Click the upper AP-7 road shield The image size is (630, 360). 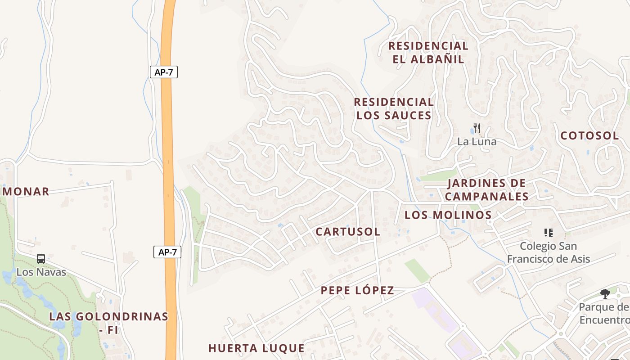[x=164, y=72]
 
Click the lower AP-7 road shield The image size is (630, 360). [x=167, y=252]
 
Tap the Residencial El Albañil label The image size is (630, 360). [x=428, y=53]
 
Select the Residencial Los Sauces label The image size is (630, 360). [x=394, y=109]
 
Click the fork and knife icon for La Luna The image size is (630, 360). [x=477, y=128]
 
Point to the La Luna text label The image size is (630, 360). [x=477, y=142]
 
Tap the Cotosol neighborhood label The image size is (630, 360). [x=589, y=136]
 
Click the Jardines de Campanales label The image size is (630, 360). [x=486, y=190]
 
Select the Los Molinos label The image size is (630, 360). [x=448, y=215]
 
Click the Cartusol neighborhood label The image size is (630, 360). [x=348, y=232]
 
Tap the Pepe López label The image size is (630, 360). [x=357, y=291]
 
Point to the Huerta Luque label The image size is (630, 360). [x=256, y=348]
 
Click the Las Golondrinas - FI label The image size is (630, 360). [x=108, y=323]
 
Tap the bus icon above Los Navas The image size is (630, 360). [x=41, y=259]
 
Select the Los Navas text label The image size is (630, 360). [x=41, y=272]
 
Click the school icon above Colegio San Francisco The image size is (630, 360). [x=548, y=233]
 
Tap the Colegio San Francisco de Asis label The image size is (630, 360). [x=548, y=252]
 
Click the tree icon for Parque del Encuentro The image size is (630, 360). [x=605, y=294]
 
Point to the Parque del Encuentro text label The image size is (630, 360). [x=604, y=314]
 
